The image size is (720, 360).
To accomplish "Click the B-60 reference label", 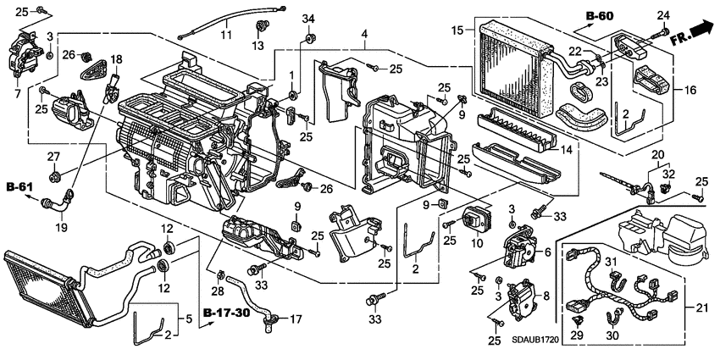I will pyautogui.click(x=600, y=15).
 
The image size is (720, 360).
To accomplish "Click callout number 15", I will pyautogui.click(x=457, y=31).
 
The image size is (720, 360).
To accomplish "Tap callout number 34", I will pyautogui.click(x=308, y=19).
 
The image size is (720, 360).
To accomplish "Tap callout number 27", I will pyautogui.click(x=53, y=156).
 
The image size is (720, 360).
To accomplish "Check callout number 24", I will pyautogui.click(x=662, y=14).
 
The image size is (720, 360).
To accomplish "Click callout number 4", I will pyautogui.click(x=363, y=34).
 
